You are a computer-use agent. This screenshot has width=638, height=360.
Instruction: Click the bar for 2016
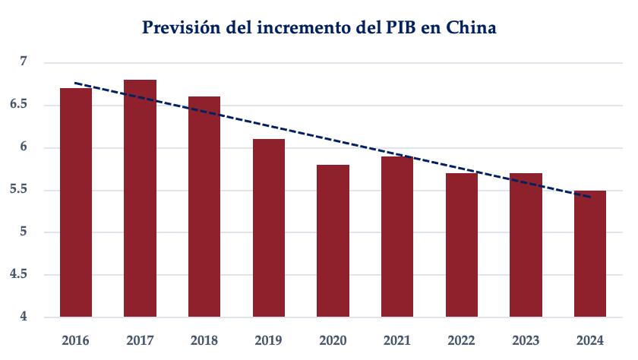(76, 202)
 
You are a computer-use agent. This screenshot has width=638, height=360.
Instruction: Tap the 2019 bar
(269, 228)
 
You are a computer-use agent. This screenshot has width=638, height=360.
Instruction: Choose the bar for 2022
(462, 245)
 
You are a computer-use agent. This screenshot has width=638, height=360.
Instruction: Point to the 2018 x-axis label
(205, 339)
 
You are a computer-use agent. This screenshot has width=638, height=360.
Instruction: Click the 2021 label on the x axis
(397, 339)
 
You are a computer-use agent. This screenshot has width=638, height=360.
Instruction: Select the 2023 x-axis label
(526, 339)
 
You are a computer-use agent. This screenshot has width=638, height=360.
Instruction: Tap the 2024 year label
(590, 339)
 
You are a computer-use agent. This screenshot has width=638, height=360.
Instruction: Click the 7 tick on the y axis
(23, 62)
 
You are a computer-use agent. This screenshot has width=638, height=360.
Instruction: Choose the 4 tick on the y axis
(23, 317)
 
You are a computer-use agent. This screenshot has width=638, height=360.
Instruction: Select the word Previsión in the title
(182, 29)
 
